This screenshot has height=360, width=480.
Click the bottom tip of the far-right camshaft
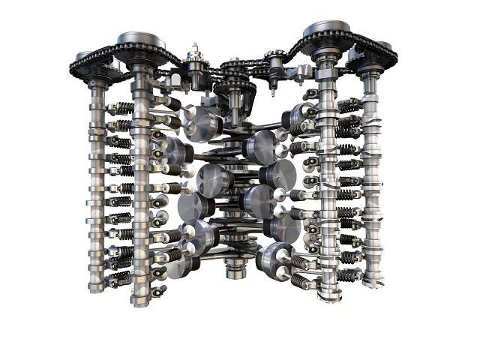373,283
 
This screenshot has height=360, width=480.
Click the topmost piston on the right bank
298,117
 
